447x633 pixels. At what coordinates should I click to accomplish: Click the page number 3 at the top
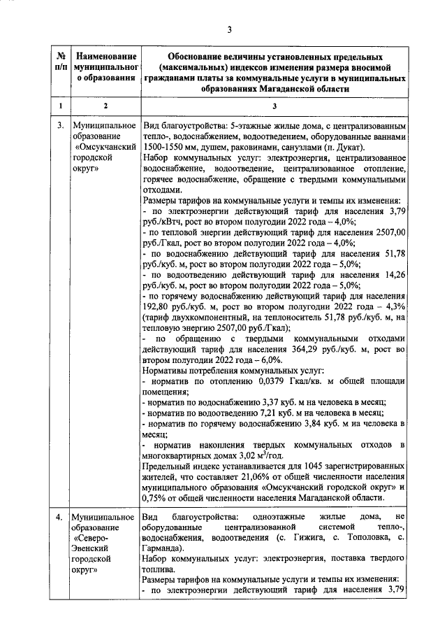pyautogui.click(x=228, y=29)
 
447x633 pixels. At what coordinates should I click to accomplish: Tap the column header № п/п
pyautogui.click(x=61, y=61)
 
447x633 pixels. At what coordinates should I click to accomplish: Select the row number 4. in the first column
pyautogui.click(x=61, y=516)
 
